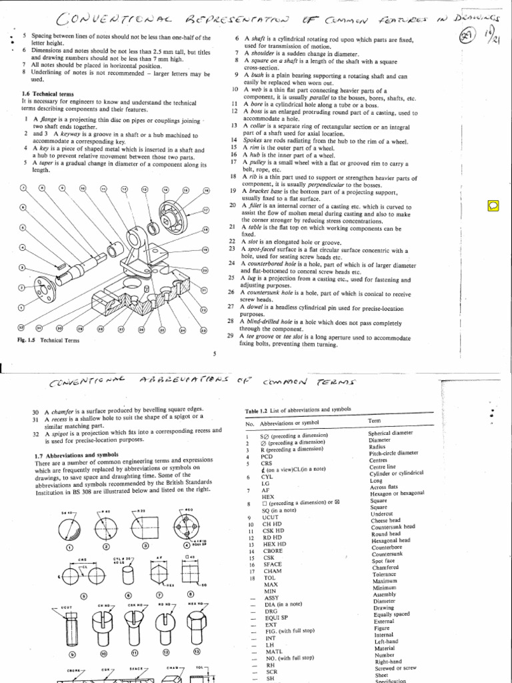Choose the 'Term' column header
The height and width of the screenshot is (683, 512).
[375, 422]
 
